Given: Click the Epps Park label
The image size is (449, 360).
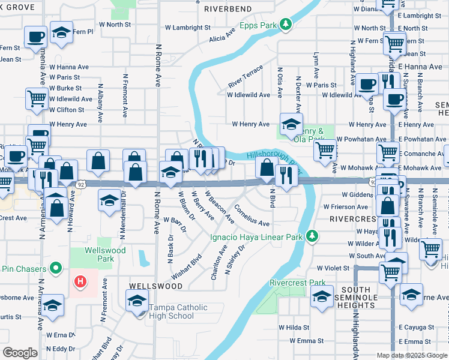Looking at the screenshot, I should tap(259, 25).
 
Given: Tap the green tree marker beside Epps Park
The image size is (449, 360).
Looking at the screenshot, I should tap(288, 24).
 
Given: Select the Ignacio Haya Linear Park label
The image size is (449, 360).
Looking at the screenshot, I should tap(256, 237).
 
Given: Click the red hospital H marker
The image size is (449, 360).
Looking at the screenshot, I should tap(79, 280).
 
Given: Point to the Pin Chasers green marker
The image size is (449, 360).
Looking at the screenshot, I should tap(56, 268).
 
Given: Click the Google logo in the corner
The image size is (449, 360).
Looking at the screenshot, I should tap(19, 353).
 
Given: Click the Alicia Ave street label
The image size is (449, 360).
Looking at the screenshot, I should tap(222, 34).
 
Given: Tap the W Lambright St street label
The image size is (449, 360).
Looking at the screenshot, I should tap(188, 28).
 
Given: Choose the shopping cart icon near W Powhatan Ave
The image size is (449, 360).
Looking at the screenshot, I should tap(325, 149).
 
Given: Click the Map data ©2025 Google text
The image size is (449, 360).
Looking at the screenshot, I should tap(412, 355).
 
